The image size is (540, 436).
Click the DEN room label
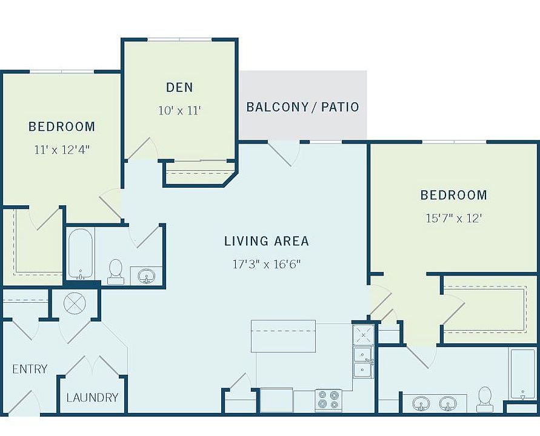179,87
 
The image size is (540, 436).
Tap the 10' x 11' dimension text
179,110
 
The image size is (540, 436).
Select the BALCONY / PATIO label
302,107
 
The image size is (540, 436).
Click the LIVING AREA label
267,241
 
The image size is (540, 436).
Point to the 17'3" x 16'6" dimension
267,264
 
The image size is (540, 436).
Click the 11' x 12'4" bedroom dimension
62,150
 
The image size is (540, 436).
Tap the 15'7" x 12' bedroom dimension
453,218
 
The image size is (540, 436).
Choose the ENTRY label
30,369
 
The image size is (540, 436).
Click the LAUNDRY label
92,397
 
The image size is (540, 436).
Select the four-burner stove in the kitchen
328,400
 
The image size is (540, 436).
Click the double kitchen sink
363,362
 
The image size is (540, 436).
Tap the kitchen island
283,336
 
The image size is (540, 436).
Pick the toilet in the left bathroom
115,272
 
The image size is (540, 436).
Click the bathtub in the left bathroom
80,254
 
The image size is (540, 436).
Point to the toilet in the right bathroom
485,399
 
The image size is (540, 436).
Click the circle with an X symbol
75,303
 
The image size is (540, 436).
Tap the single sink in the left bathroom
147,276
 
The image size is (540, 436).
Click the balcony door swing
284,153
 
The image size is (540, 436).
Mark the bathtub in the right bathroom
522,374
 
